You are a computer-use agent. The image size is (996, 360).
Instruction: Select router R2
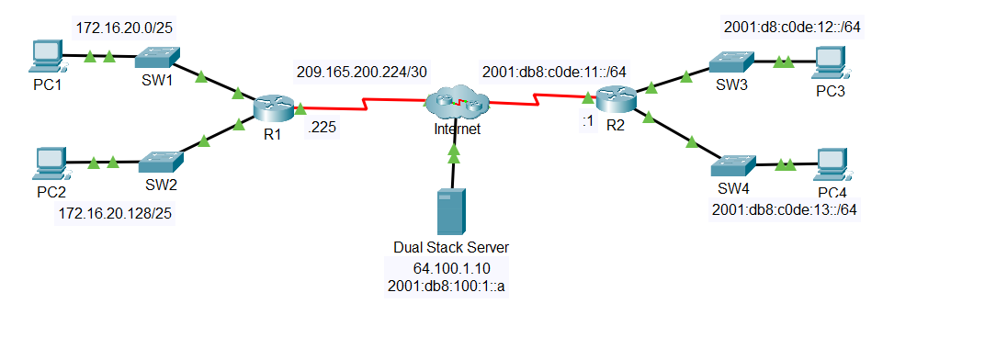(x=614, y=96)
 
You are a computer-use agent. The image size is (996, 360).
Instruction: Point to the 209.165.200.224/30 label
(x=362, y=71)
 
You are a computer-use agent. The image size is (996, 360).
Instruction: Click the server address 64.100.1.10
(x=450, y=267)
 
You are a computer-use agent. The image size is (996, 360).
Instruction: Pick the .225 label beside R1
(x=322, y=129)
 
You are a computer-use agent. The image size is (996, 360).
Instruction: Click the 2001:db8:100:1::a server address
(x=450, y=287)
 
